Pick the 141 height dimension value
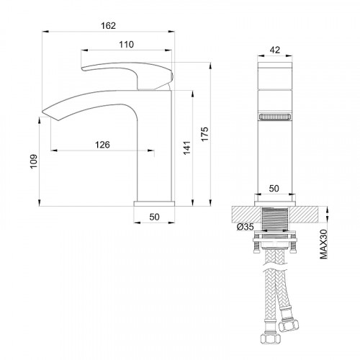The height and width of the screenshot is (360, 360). (x=186, y=148)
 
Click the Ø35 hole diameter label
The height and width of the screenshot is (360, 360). (x=245, y=228)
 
